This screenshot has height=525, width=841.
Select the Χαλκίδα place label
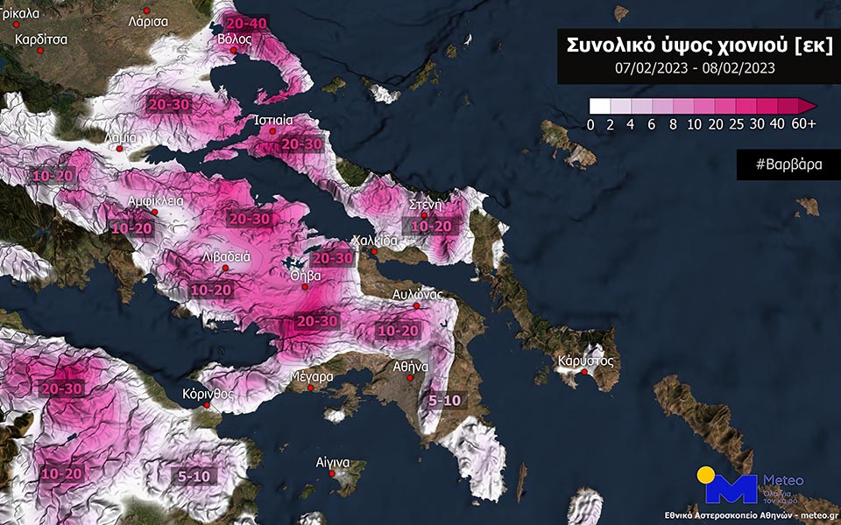374,241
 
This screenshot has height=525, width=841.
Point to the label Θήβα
305,274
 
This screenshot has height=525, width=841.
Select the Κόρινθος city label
208,393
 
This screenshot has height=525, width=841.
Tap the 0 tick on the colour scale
590,123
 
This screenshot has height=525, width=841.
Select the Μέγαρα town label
312,377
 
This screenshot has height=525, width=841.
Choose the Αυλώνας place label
416,294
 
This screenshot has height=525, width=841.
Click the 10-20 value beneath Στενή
432,226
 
